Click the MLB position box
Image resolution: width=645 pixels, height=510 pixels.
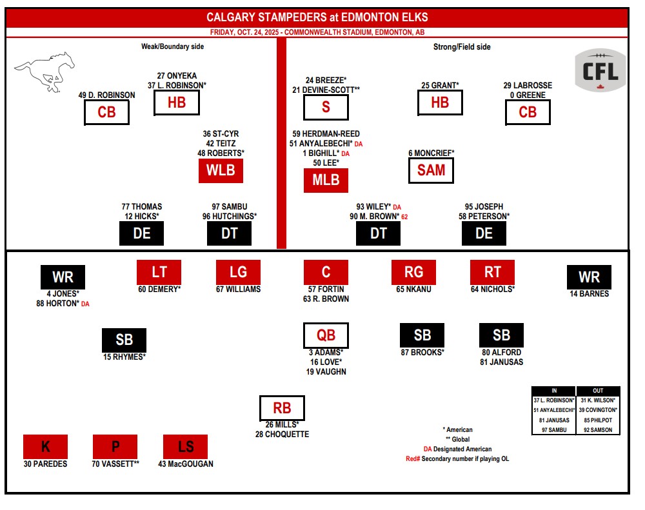pyautogui.click(x=326, y=181)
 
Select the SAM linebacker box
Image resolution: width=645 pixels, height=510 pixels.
pyautogui.click(x=431, y=171)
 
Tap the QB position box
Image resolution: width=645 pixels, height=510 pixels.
pyautogui.click(x=326, y=335)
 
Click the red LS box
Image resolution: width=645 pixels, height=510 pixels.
pyautogui.click(x=185, y=447)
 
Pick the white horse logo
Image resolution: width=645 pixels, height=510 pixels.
pyautogui.click(x=44, y=69)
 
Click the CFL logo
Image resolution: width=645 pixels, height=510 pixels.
pyautogui.click(x=600, y=70)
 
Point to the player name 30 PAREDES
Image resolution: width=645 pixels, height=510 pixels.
pyautogui.click(x=45, y=464)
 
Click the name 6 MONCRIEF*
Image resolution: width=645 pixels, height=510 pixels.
pyautogui.click(x=432, y=153)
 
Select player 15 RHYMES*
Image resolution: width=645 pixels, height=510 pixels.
pyautogui.click(x=124, y=357)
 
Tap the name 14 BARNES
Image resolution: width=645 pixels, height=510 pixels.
pyautogui.click(x=589, y=294)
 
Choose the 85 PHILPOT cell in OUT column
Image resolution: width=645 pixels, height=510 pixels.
pyautogui.click(x=598, y=420)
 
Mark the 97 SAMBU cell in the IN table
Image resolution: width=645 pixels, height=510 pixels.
pyautogui.click(x=553, y=430)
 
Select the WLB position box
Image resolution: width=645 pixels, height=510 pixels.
pyautogui.click(x=221, y=172)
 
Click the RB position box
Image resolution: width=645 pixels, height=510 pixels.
pyautogui.click(x=282, y=408)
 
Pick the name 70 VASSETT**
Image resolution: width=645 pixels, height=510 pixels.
pyautogui.click(x=115, y=464)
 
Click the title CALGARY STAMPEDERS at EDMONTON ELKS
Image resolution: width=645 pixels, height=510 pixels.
pyautogui.click(x=317, y=17)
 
